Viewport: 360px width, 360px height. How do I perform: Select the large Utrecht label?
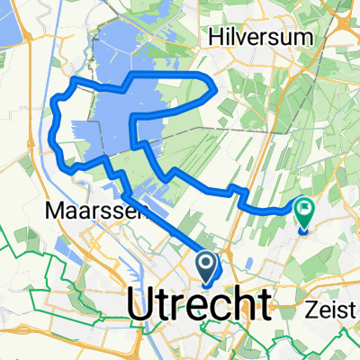[200, 305]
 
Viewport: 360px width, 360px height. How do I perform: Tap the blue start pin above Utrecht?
[206, 266]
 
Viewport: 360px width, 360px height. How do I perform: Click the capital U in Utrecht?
[143, 305]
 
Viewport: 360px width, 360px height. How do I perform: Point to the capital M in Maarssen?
[51, 212]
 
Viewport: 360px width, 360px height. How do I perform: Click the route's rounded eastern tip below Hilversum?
[212, 88]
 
